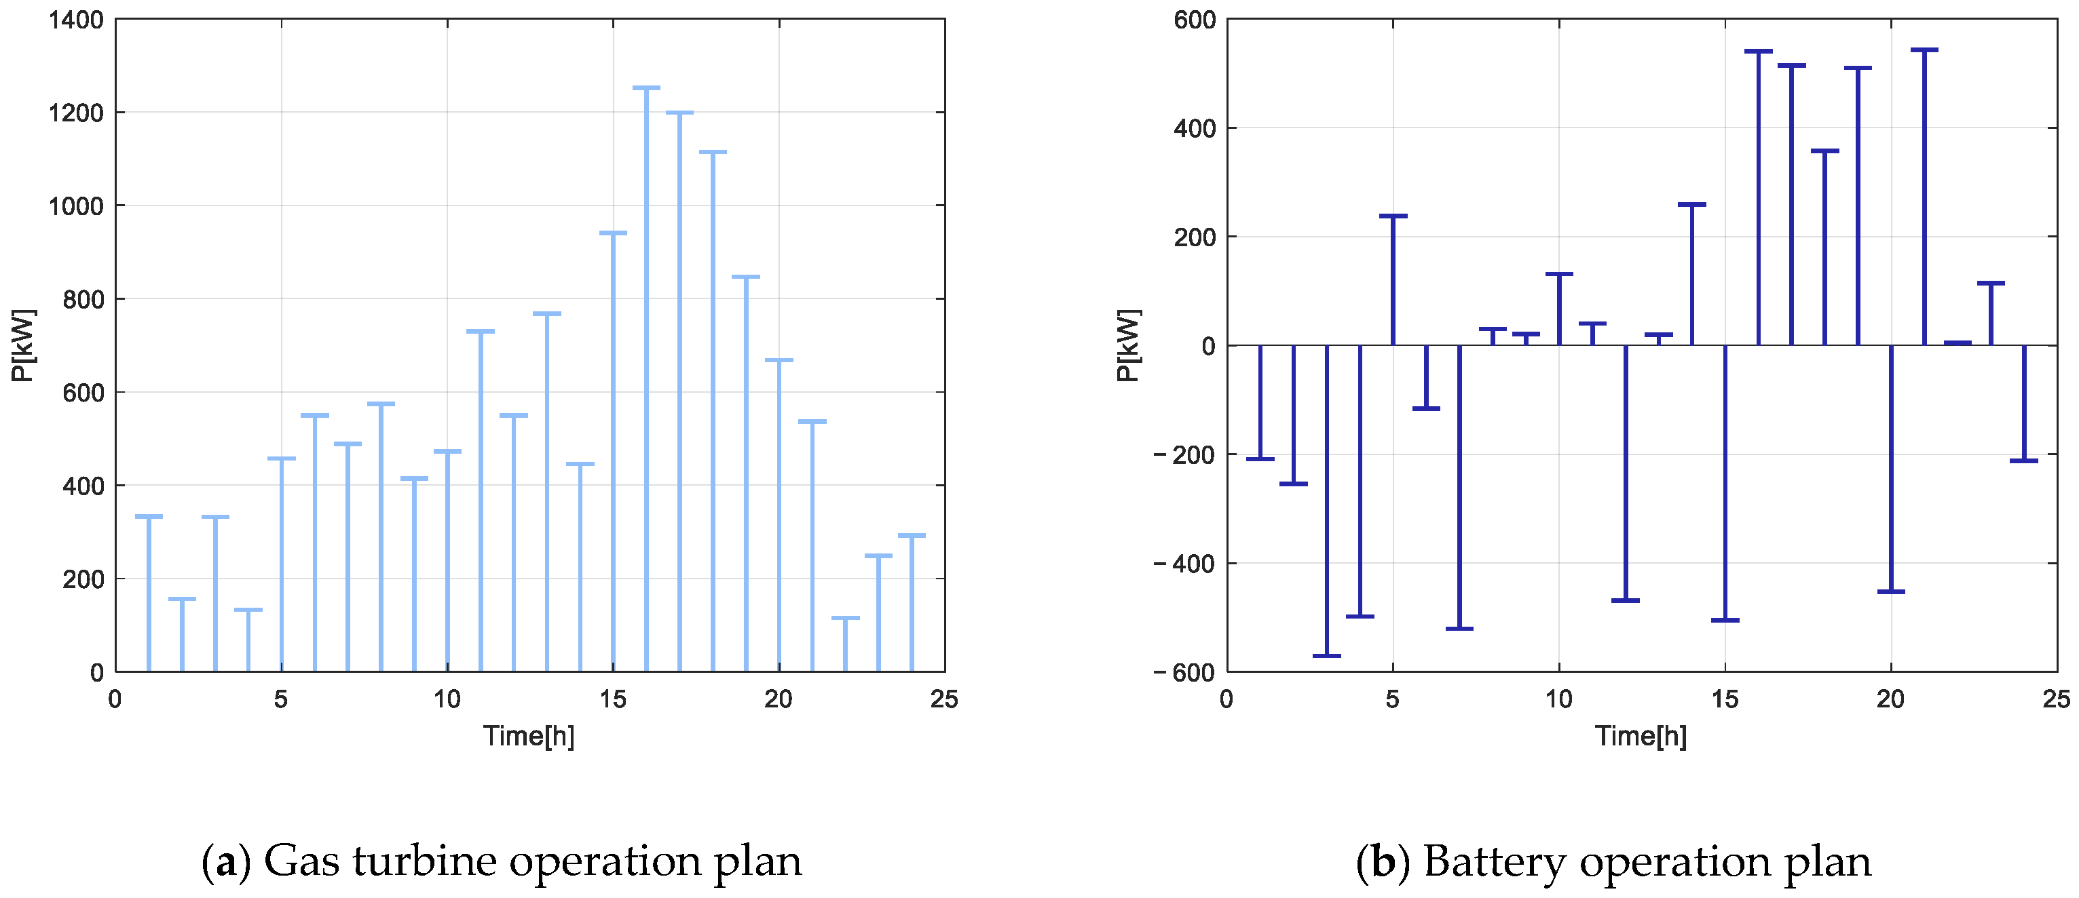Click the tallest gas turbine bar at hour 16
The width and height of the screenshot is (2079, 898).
pos(646,379)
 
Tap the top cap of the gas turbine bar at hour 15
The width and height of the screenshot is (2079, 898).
pos(614,233)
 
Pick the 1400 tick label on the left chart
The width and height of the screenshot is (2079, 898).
pos(76,20)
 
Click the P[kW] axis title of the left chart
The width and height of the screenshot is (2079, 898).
pos(23,345)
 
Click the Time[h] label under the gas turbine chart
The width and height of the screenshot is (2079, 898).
pos(529,736)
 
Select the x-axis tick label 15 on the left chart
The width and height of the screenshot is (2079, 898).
pos(612,699)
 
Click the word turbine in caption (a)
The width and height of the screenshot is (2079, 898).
pos(426,861)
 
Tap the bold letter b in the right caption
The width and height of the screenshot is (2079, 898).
pos(1383,861)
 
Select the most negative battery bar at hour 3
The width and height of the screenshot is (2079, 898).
pos(1327,501)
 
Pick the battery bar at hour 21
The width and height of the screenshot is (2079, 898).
pos(1924,197)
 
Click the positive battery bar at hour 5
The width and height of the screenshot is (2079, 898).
pos(1393,281)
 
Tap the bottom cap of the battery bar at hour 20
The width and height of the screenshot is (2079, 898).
pos(1891,592)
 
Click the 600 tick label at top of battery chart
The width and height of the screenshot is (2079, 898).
pos(1195,20)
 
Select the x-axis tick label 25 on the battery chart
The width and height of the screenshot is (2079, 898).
pos(2056,699)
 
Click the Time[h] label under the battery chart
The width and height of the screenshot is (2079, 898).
pos(1640,736)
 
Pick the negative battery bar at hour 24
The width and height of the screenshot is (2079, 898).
pos(2023,404)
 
